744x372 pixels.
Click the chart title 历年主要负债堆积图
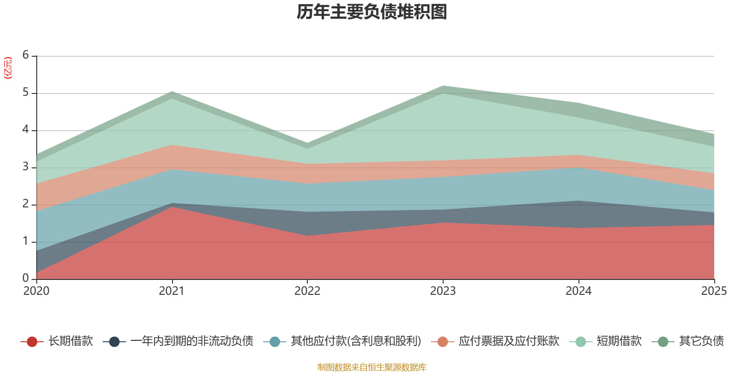pos(372,12)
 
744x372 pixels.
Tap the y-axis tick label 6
pos(26,55)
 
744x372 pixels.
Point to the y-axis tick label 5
pos(26,93)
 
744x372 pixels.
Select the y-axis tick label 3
pos(26,167)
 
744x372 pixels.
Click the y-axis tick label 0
pos(26,278)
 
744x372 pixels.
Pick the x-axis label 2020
pos(36,291)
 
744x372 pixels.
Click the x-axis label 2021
pos(172,291)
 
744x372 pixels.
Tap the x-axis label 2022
pos(307,291)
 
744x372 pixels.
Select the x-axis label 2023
pos(443,291)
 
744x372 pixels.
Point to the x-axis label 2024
pos(578,291)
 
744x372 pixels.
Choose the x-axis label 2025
pos(713,291)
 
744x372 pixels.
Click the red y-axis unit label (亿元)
pos(8,68)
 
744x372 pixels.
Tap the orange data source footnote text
pos(372,367)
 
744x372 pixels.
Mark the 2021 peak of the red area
pos(172,207)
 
